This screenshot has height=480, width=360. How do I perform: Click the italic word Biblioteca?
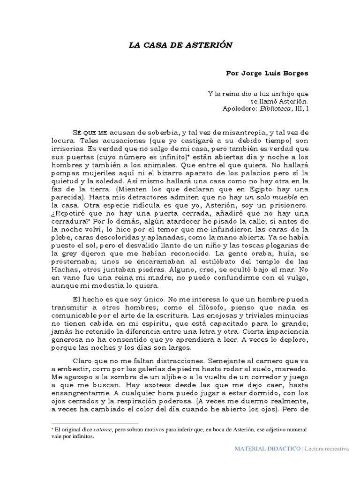(x=274, y=108)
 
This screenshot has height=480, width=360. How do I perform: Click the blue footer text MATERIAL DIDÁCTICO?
(x=268, y=449)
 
